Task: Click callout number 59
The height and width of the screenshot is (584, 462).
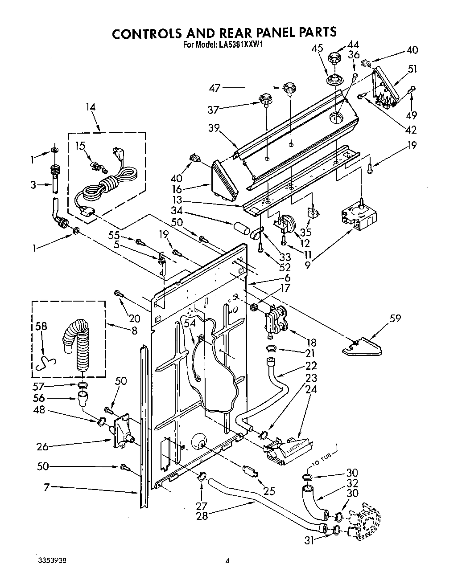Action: (x=395, y=318)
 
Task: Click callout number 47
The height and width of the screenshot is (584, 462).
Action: (x=215, y=88)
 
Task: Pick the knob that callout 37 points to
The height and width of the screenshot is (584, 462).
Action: (x=266, y=99)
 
